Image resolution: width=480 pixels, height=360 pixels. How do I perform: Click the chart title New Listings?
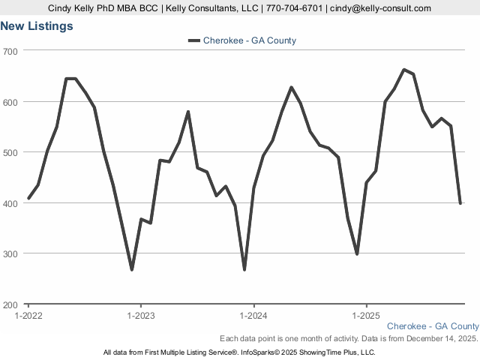(x=37, y=26)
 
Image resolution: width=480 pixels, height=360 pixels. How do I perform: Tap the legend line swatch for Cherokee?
(x=193, y=40)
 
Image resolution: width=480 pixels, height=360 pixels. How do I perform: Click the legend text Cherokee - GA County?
(x=250, y=40)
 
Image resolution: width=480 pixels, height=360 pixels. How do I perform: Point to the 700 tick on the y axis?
(x=11, y=50)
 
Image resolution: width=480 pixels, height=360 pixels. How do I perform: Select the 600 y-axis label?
(x=11, y=101)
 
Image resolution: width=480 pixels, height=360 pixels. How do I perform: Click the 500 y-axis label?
(x=11, y=152)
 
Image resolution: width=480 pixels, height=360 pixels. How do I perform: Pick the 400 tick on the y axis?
(x=11, y=203)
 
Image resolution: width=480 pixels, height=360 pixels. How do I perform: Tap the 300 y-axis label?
(x=11, y=253)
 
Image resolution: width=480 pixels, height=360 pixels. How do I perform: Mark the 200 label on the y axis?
(x=11, y=304)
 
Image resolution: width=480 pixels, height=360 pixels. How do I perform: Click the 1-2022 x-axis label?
(x=29, y=315)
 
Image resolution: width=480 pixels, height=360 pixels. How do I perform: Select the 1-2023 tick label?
(x=141, y=315)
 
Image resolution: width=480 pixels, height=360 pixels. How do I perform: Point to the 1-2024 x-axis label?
(x=253, y=315)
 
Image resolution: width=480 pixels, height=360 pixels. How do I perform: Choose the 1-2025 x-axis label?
(x=366, y=315)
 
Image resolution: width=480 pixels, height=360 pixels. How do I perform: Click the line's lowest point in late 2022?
(x=132, y=269)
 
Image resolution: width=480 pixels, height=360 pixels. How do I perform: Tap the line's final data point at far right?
(x=460, y=203)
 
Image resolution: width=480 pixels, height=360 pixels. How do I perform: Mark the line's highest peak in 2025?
(x=404, y=70)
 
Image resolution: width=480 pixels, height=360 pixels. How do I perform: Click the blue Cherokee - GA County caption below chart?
(x=433, y=326)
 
